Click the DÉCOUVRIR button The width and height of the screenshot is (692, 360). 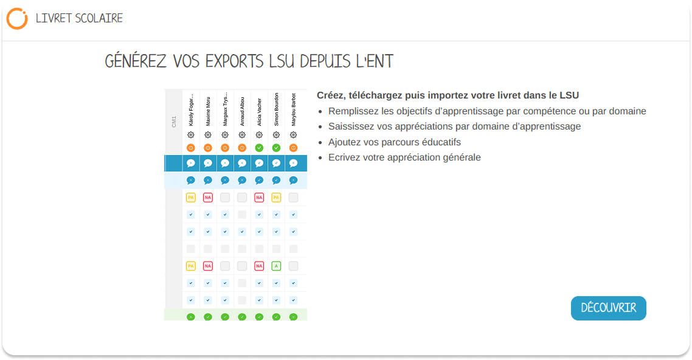click(608, 308)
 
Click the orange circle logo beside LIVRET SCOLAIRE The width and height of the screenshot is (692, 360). click(17, 18)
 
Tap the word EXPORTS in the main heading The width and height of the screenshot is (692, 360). click(234, 61)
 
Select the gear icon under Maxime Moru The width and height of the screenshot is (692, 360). click(208, 134)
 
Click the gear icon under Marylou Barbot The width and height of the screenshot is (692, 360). click(294, 134)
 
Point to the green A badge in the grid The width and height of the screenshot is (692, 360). click(276, 266)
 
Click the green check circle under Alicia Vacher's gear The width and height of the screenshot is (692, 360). click(259, 148)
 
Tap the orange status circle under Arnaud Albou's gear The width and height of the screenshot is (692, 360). click(242, 148)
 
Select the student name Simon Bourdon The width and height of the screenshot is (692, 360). click(276, 109)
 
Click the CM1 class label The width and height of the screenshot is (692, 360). click(174, 122)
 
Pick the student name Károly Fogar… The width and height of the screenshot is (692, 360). click(191, 110)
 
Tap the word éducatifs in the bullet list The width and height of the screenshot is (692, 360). click(440, 142)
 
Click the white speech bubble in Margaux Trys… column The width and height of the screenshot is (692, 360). click(225, 163)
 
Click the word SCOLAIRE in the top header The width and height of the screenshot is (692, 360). click(99, 18)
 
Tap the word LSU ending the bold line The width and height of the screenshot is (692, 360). click(569, 95)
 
